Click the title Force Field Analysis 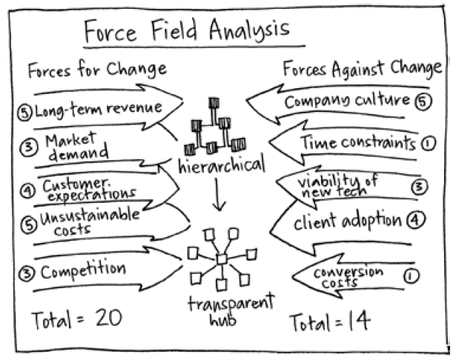pyautogui.click(x=186, y=30)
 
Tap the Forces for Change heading pyautogui.click(x=97, y=70)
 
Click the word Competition pyautogui.click(x=83, y=271)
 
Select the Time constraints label pyautogui.click(x=357, y=143)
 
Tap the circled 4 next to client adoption pyautogui.click(x=416, y=220)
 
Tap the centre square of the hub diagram pyautogui.click(x=221, y=258)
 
